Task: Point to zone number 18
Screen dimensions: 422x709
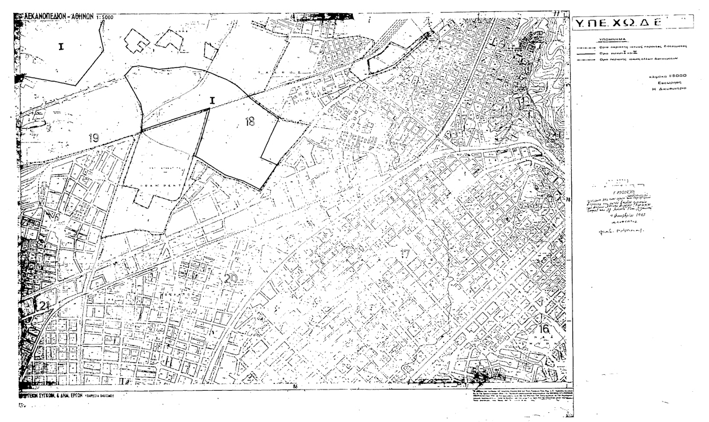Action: (249, 121)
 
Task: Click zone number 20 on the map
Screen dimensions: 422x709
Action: (230, 278)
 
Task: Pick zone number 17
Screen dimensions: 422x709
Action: (405, 254)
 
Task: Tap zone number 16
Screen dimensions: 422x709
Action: (544, 329)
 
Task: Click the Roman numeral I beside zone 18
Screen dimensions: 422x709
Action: (212, 101)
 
